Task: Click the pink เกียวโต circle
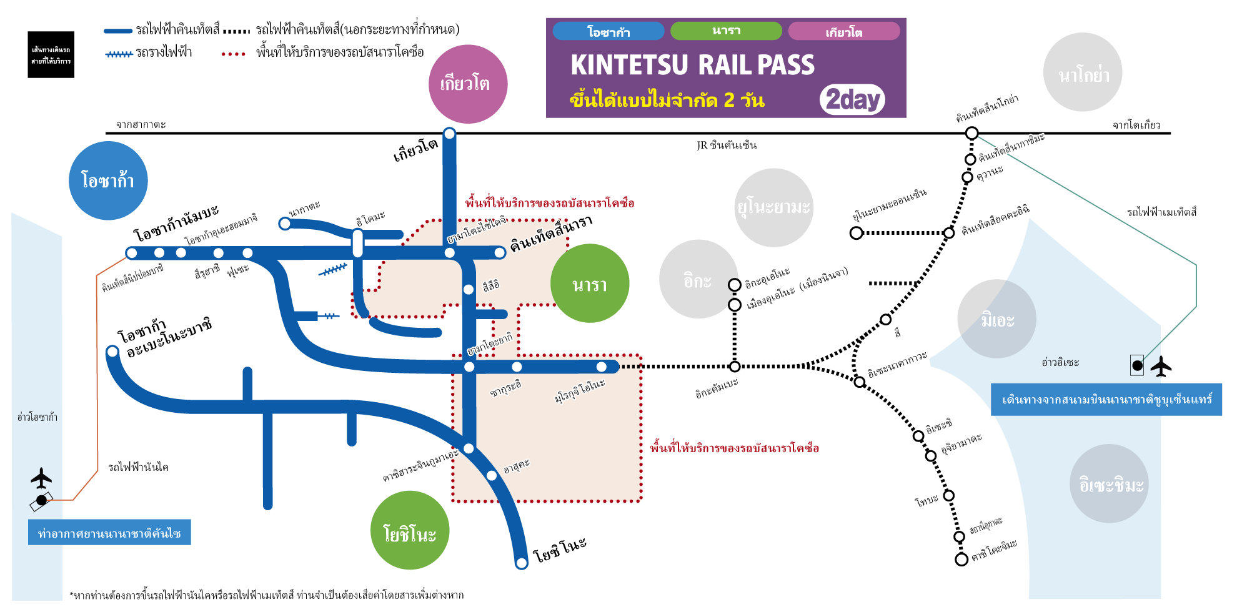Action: (468, 84)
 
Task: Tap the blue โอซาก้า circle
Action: (108, 180)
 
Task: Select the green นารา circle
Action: (589, 284)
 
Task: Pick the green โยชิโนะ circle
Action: (410, 530)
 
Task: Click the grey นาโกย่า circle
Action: (1083, 72)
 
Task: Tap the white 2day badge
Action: (852, 99)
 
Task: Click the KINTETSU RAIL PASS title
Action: (692, 65)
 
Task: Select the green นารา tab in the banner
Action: (726, 31)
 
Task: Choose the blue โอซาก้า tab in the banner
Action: (608, 31)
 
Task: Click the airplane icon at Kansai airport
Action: (41, 478)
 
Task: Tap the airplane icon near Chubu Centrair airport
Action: (1161, 367)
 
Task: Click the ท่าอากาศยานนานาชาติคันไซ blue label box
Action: (109, 533)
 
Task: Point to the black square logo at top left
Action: (51, 55)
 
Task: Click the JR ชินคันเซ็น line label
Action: (727, 145)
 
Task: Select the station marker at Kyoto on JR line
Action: (449, 133)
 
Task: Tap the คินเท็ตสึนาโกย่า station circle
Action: (971, 133)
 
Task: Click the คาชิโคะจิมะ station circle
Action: (961, 559)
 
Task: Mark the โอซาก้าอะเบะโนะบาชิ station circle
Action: (112, 352)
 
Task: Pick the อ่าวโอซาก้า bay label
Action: (37, 417)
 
